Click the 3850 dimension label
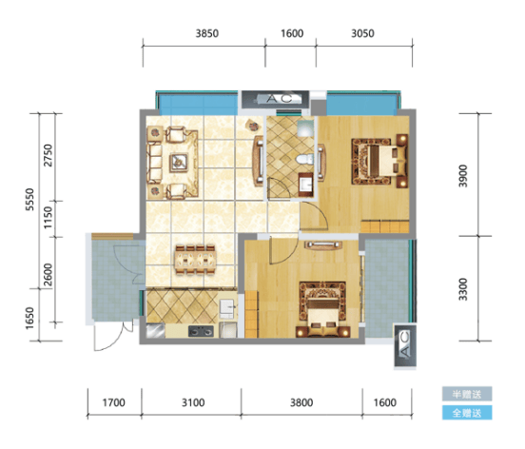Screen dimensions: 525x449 [207, 33]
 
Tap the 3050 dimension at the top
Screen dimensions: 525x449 [362, 33]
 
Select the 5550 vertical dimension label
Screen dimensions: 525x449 [29, 200]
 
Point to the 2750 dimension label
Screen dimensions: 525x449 [49, 155]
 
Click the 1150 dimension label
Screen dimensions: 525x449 [49, 217]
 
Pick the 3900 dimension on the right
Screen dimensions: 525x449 [463, 176]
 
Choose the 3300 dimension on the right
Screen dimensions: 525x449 [463, 289]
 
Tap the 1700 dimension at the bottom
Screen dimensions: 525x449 [113, 402]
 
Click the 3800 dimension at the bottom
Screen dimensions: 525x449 [301, 402]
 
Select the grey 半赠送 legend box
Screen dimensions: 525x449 [467, 394]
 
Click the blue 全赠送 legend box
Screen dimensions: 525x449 [467, 413]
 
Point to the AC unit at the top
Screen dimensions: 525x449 [275, 99]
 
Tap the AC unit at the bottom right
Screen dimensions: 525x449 [405, 345]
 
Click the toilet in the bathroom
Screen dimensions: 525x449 [304, 159]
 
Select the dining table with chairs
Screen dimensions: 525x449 [196, 260]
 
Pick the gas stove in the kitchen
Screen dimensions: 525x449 [201, 331]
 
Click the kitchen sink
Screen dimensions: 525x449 [227, 308]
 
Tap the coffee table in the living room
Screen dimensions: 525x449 [178, 163]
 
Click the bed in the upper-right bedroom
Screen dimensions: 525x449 [379, 160]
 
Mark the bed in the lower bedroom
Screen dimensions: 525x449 [322, 309]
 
